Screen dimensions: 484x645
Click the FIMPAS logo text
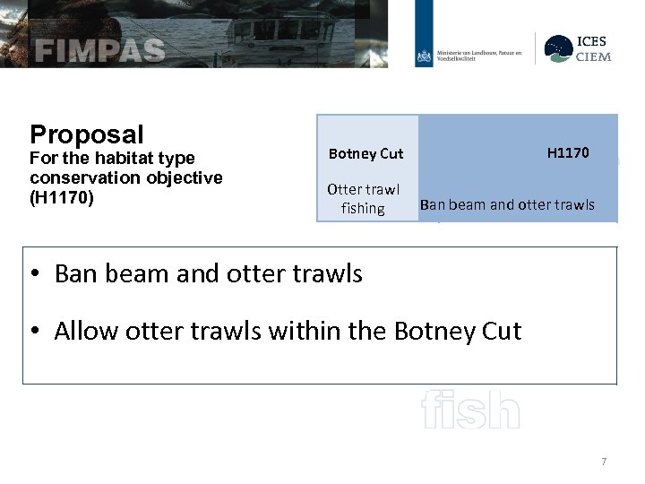point(99,50)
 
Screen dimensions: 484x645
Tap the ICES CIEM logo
point(579,49)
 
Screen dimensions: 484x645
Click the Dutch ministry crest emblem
point(424,56)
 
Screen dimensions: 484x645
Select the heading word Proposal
point(86,134)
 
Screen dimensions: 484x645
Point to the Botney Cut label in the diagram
point(365,153)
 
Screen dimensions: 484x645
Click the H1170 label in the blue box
point(568,152)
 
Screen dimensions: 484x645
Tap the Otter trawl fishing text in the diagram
point(363,199)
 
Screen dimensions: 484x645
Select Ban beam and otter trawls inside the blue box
point(507,204)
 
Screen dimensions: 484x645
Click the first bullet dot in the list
point(37,273)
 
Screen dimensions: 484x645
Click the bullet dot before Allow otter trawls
point(37,332)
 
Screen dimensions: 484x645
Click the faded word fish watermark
point(469,411)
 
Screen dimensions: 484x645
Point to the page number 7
point(604,462)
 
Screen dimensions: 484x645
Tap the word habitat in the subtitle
point(123,159)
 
